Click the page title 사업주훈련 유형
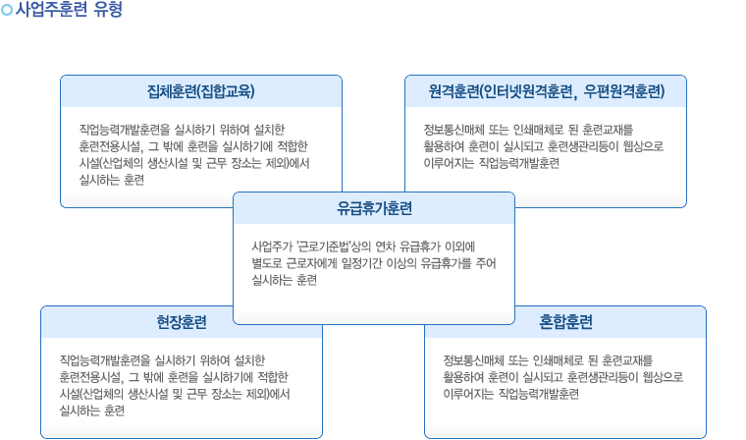pyautogui.click(x=69, y=9)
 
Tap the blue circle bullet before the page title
pyautogui.click(x=7, y=10)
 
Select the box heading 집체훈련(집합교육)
pyautogui.click(x=201, y=91)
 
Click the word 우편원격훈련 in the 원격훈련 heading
pyautogui.click(x=624, y=91)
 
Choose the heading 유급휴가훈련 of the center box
pyautogui.click(x=374, y=208)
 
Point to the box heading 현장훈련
pyautogui.click(x=182, y=322)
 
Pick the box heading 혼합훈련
pyautogui.click(x=565, y=322)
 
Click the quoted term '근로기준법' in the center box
pyautogui.click(x=323, y=247)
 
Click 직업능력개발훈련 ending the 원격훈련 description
pyautogui.click(x=519, y=163)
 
